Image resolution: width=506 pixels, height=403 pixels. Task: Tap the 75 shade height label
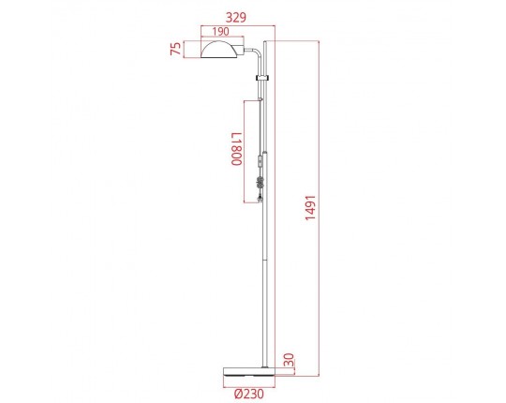pos(175,49)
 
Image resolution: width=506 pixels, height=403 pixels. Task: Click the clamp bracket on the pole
pos(262,79)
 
